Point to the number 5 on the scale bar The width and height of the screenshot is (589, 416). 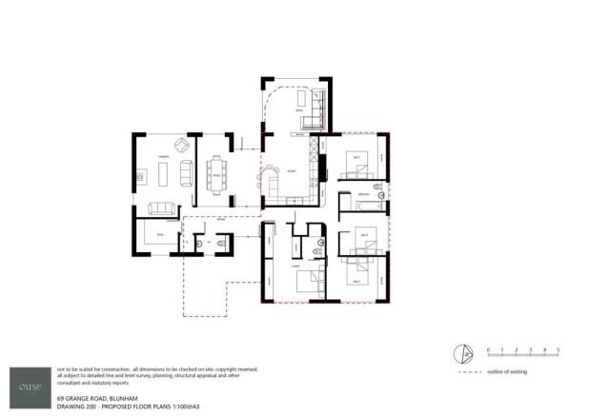tap(557, 350)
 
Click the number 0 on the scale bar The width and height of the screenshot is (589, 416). tap(488, 350)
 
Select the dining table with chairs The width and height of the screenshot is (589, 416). tap(215, 175)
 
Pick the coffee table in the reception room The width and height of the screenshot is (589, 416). tap(162, 174)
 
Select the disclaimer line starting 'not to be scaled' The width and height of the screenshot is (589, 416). tap(158, 367)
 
